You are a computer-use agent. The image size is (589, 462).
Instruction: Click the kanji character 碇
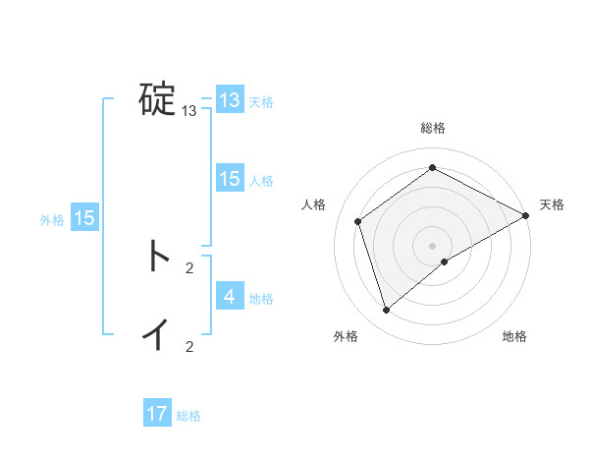click(157, 99)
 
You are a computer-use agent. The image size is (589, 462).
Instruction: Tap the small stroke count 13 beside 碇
click(188, 111)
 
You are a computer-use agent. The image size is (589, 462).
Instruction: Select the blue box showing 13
click(230, 100)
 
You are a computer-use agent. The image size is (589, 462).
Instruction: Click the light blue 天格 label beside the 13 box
click(261, 101)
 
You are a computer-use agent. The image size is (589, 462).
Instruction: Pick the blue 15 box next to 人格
click(230, 178)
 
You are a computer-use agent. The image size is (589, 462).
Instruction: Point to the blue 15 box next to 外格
click(84, 218)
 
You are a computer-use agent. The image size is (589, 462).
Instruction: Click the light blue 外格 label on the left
click(52, 220)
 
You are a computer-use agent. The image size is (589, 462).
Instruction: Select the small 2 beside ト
click(188, 267)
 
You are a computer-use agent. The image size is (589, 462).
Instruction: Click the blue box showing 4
click(230, 296)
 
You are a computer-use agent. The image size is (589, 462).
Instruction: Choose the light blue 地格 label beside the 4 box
click(261, 298)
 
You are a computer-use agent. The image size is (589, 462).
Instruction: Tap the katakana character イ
click(157, 334)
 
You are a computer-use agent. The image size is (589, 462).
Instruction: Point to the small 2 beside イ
click(188, 346)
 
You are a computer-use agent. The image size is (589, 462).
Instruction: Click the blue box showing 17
click(157, 414)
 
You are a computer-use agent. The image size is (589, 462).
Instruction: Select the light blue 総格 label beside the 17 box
click(188, 416)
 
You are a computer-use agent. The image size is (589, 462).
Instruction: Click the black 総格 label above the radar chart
click(433, 129)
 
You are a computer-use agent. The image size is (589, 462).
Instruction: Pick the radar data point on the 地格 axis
click(445, 261)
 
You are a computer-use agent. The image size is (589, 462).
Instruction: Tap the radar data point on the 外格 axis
click(387, 311)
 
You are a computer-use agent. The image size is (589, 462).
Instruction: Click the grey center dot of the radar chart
click(433, 245)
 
